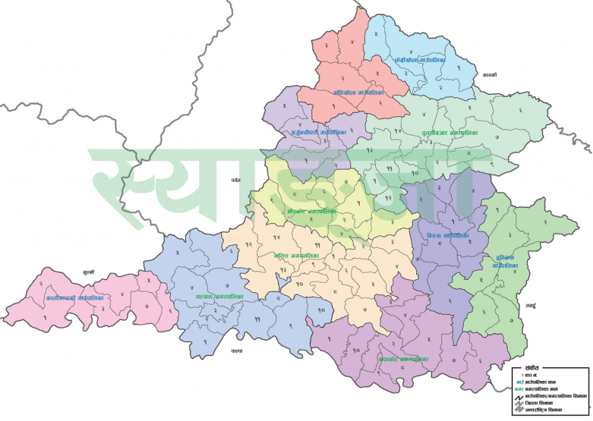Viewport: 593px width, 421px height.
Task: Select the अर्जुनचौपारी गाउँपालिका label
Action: click(x=318, y=132)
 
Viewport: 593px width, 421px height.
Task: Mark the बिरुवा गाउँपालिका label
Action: click(x=448, y=236)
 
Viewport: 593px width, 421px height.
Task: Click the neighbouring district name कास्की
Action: click(x=489, y=75)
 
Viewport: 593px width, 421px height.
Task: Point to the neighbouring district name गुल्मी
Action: click(x=89, y=271)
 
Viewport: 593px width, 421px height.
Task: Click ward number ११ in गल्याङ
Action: click(x=256, y=319)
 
